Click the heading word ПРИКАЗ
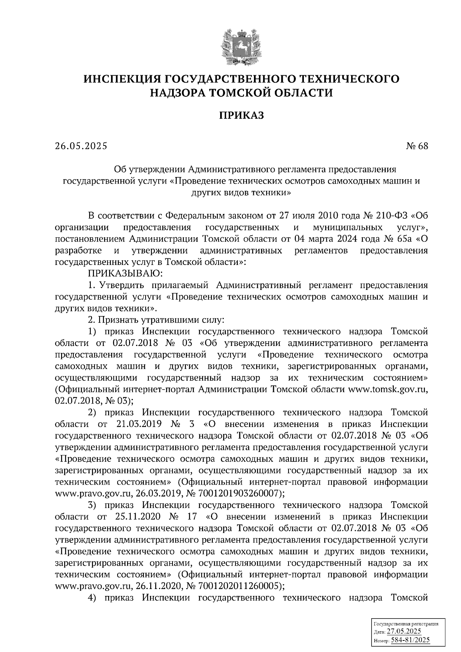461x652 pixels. tap(242, 115)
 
